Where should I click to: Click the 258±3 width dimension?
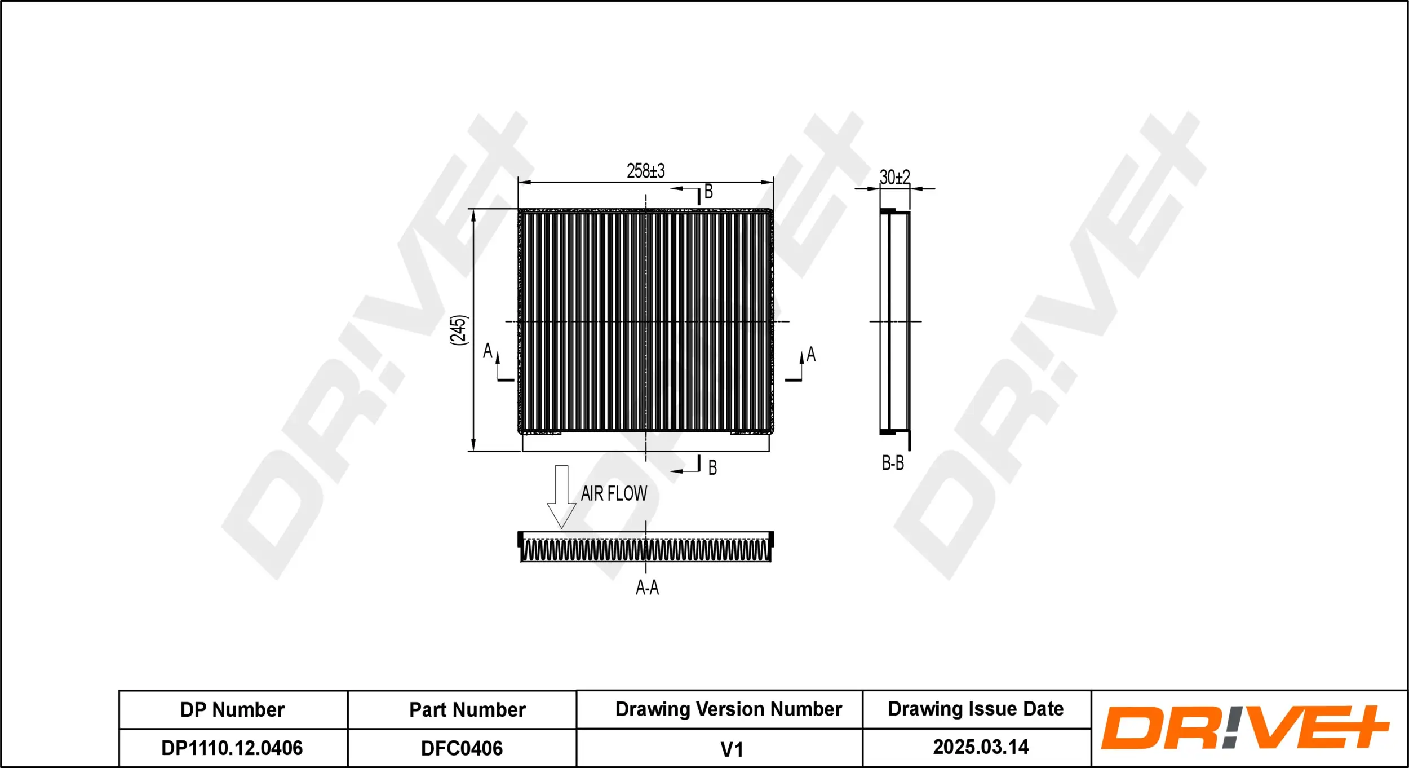click(x=645, y=170)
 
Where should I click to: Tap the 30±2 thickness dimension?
click(x=894, y=178)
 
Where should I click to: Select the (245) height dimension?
click(x=459, y=330)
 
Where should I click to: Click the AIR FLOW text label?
click(x=614, y=493)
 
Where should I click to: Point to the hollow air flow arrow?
click(x=561, y=496)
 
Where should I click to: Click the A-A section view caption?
click(x=647, y=588)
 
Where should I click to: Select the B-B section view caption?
click(x=893, y=464)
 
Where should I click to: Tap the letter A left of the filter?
click(x=488, y=351)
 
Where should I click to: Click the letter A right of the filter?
click(x=810, y=354)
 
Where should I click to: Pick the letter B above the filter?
click(x=708, y=192)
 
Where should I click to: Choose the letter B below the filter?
click(x=712, y=467)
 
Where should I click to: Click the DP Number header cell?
click(x=232, y=710)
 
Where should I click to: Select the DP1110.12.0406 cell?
click(x=232, y=748)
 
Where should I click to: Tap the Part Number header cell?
click(x=467, y=710)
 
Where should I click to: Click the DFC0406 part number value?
click(x=462, y=748)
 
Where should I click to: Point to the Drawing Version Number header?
click(x=728, y=709)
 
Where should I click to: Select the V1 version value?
click(x=732, y=749)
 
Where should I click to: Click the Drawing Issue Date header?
click(x=976, y=709)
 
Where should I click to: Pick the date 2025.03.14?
click(x=981, y=747)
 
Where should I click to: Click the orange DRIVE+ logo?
click(x=1244, y=727)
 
